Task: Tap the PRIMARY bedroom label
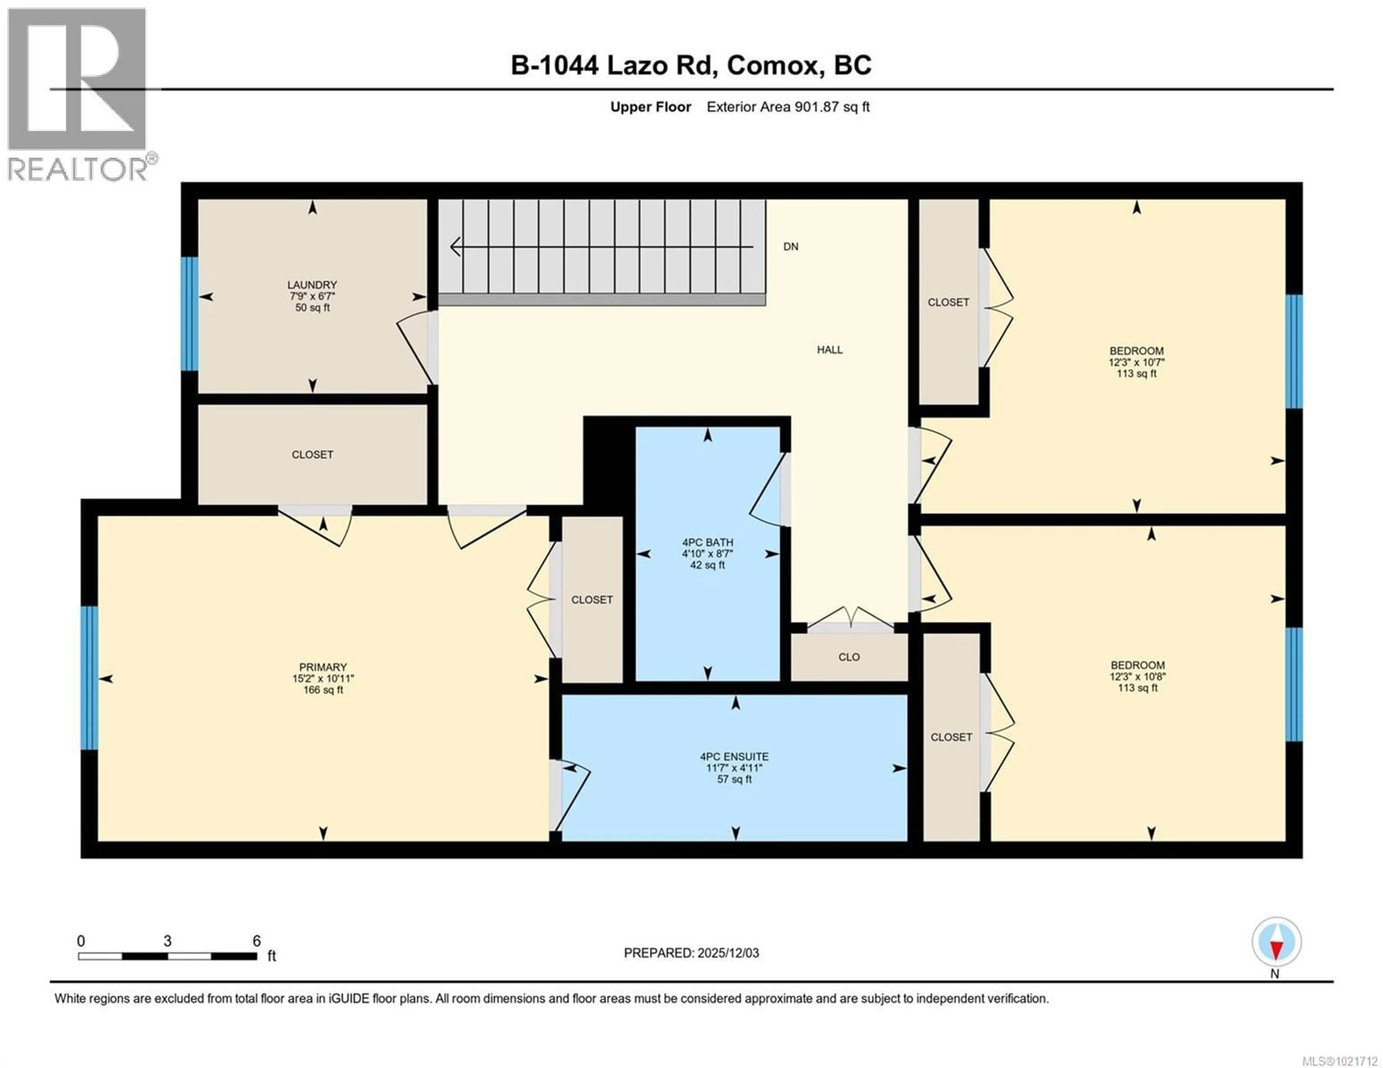click(x=323, y=667)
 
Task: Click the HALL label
click(x=829, y=350)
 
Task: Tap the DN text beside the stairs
click(x=790, y=247)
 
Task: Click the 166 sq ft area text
click(x=323, y=690)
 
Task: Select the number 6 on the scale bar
click(x=256, y=941)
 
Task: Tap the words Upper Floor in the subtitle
click(x=650, y=107)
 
